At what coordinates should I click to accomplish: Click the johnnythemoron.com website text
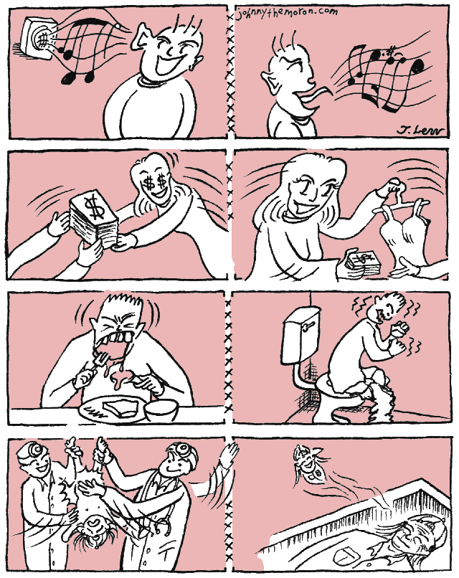288,14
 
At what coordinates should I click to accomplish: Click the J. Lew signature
421,130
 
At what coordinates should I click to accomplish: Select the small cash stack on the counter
362,262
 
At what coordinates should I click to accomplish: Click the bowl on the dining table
161,409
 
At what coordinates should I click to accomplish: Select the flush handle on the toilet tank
309,325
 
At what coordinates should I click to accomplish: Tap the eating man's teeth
115,339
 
